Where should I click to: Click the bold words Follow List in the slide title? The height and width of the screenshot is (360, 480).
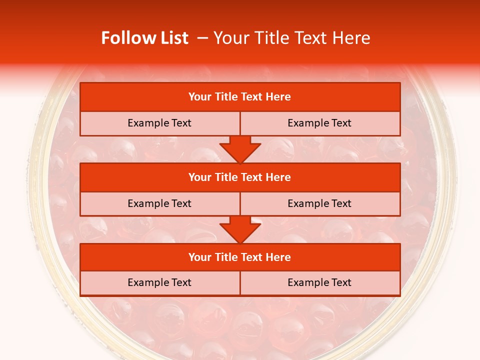(x=144, y=38)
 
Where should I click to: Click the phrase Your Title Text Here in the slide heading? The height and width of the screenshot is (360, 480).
(x=292, y=38)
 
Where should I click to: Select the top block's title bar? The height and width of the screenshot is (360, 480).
(x=240, y=97)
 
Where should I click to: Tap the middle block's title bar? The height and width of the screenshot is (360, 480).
(x=240, y=177)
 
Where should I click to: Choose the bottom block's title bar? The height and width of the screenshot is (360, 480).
(x=240, y=257)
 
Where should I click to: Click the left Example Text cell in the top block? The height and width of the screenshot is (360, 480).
(x=159, y=123)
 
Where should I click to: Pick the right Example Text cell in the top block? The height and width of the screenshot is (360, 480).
(x=319, y=123)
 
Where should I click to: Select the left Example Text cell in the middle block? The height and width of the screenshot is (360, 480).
(x=159, y=203)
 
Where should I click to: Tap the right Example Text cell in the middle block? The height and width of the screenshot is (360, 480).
(x=319, y=203)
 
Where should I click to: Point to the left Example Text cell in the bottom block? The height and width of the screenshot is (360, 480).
(x=159, y=282)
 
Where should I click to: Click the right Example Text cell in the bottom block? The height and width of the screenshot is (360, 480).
(x=319, y=282)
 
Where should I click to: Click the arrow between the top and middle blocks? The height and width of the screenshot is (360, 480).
(x=240, y=149)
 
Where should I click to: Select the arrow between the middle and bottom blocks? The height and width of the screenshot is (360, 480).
(x=240, y=229)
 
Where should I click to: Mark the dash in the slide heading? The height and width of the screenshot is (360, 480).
(x=202, y=38)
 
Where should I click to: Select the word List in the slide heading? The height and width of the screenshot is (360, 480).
(x=174, y=38)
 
